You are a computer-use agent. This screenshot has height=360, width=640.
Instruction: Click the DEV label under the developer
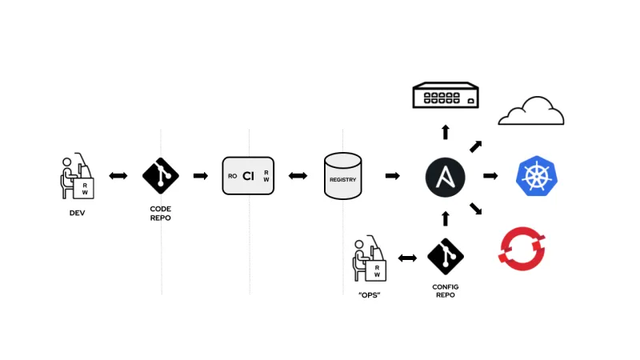(77, 213)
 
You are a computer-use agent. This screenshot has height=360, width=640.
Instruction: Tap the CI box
(249, 176)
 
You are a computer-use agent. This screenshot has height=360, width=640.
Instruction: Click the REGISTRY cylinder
(343, 176)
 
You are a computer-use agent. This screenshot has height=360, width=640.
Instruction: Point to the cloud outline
(531, 112)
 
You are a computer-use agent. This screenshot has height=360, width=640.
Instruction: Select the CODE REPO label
(161, 213)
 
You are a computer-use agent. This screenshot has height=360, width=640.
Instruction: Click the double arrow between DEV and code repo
(118, 176)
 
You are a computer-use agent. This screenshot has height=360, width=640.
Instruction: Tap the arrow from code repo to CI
(201, 176)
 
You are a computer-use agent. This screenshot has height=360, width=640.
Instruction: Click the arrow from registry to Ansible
(393, 176)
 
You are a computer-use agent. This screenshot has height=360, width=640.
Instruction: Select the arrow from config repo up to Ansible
(446, 218)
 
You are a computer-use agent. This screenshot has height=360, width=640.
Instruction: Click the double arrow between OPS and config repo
(407, 258)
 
